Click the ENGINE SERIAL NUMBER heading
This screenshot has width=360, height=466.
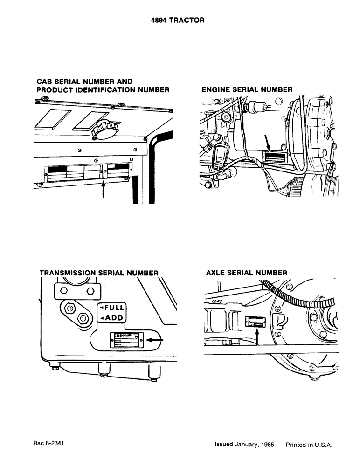(247, 89)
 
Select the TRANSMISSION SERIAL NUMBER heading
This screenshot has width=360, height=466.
(99, 273)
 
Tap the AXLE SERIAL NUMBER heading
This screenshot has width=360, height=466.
(246, 273)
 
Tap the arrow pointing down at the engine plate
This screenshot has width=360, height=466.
(268, 143)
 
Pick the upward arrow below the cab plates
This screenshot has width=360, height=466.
(104, 190)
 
